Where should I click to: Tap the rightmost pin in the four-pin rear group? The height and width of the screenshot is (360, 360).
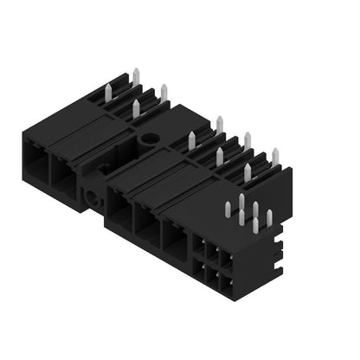[164, 92]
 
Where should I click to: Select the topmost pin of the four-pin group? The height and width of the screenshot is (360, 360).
[133, 72]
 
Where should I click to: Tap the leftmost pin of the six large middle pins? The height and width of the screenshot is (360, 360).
[192, 140]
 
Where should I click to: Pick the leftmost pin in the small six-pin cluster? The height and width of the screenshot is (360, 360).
[228, 208]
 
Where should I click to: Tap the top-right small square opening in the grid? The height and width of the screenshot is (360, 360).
[227, 260]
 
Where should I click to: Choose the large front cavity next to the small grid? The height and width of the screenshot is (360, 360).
[176, 241]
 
